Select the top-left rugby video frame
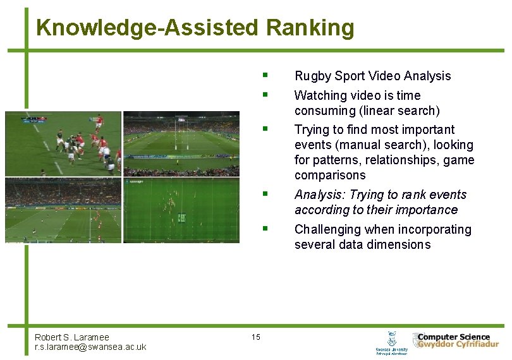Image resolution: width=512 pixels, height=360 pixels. tap(63, 143)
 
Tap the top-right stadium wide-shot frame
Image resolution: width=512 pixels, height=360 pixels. tap(181, 143)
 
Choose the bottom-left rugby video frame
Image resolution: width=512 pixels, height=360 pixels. tap(63, 210)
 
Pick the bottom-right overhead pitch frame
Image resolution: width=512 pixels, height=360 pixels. tap(181, 210)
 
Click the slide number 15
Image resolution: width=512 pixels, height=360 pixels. tap(255, 337)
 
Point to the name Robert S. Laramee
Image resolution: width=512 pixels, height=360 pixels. tap(71, 337)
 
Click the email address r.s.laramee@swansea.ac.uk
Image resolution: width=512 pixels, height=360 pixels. tap(90, 347)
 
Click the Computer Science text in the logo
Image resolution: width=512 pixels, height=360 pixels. tap(454, 337)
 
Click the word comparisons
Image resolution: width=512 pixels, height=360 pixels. tap(330, 175)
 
